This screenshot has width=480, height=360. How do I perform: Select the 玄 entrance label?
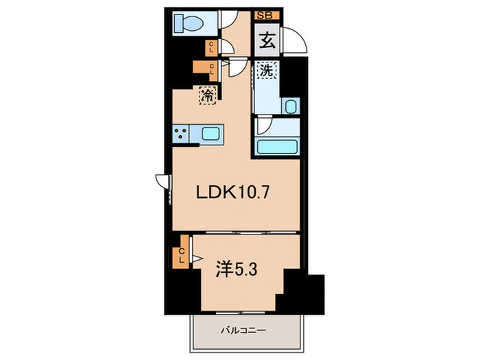coord(267,40)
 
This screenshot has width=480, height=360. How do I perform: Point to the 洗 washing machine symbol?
coord(265,69)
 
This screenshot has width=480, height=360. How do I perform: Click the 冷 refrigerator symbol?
coord(207,95)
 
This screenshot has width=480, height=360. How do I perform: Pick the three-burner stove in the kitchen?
coord(181,134)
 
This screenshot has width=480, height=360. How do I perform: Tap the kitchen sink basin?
coord(211,134)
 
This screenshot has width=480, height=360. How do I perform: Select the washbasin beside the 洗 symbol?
coord(290,106)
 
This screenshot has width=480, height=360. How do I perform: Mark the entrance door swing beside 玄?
coord(297,40)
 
